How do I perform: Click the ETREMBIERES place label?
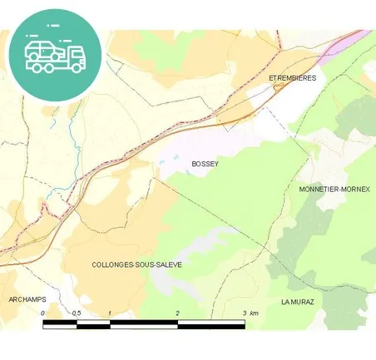point(293,77)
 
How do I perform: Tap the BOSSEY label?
point(205,164)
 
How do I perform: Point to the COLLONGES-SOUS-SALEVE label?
point(137,264)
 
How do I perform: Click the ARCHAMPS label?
point(27,298)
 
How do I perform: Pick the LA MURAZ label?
point(297,301)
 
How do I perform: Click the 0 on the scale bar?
point(43,313)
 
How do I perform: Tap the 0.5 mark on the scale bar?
point(76,313)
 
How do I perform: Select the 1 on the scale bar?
point(110,313)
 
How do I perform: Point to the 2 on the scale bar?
point(177,313)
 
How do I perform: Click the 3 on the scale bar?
point(245,313)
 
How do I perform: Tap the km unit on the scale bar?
point(255,313)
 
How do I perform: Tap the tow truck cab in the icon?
point(74,55)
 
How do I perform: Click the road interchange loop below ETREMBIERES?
point(279,86)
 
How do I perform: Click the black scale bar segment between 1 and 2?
point(143,323)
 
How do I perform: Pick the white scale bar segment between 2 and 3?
point(210,323)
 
